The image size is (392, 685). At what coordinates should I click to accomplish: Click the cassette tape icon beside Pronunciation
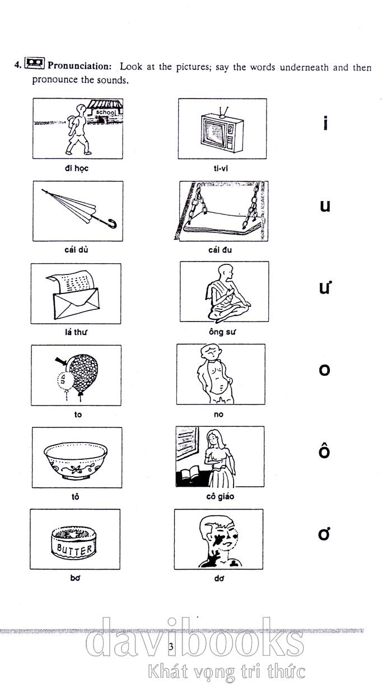point(35,63)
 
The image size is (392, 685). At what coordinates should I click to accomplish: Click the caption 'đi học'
point(77,168)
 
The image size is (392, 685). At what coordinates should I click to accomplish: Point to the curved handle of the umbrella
point(113,223)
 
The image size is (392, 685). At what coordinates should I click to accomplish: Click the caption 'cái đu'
point(220,250)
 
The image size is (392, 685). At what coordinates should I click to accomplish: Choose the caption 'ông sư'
point(222,332)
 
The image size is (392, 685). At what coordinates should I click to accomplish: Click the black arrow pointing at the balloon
point(61,361)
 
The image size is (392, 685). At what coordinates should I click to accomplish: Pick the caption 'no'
point(218,414)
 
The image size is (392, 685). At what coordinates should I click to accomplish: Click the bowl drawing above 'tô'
point(76,461)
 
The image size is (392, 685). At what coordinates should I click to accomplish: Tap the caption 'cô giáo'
point(220,496)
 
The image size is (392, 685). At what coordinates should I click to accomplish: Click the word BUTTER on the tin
point(74,549)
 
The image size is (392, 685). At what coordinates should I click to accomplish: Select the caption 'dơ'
point(219,578)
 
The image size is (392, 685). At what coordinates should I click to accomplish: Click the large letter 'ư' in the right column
point(324,288)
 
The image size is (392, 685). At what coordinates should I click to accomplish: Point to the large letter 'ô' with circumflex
point(324,452)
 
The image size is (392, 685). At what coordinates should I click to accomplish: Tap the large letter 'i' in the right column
point(326,123)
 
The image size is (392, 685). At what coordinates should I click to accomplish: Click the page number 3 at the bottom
point(171,647)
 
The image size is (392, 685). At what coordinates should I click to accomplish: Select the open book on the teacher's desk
point(190,474)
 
